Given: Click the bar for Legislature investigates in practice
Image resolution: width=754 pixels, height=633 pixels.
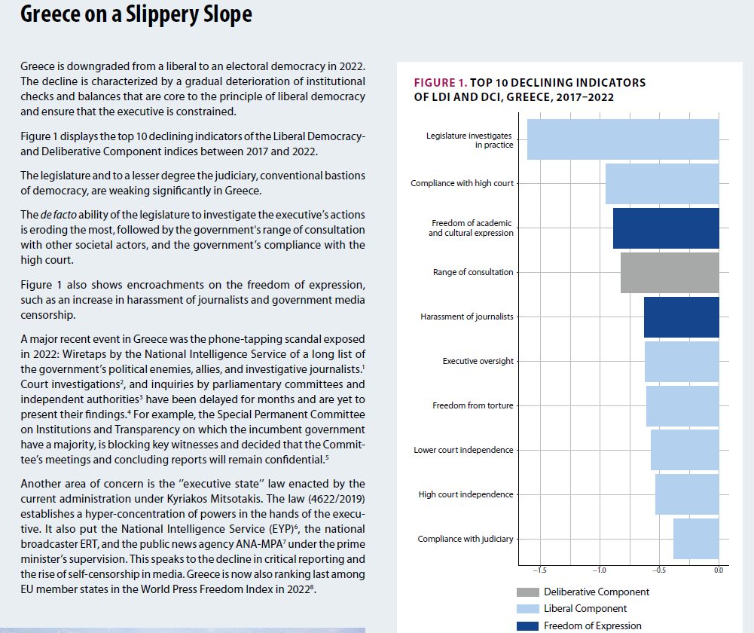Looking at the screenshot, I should click(x=623, y=139).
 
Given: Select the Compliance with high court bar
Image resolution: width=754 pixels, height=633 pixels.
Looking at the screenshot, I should click(x=662, y=184).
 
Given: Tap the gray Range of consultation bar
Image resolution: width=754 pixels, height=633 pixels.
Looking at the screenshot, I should click(x=670, y=273).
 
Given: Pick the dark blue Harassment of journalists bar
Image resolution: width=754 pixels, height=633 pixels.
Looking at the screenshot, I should click(x=681, y=316).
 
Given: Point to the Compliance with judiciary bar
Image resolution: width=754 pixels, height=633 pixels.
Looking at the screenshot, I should click(x=696, y=539).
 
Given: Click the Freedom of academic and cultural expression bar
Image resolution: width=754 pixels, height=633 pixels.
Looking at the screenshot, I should click(x=666, y=228).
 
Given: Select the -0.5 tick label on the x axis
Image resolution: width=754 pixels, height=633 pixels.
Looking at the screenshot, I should click(x=658, y=570).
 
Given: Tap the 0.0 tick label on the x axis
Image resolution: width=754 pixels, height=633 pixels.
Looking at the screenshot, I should click(x=717, y=570).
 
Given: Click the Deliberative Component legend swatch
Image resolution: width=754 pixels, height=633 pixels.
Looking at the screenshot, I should click(x=527, y=592).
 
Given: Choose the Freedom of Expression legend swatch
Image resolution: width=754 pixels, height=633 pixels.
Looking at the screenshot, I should click(x=527, y=625).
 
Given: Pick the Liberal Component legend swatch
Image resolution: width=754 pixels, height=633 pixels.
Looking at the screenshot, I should click(x=527, y=609).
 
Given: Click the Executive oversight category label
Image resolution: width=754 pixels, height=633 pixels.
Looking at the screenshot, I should click(x=478, y=361).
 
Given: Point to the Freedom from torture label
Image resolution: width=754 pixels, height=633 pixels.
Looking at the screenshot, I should click(x=472, y=405).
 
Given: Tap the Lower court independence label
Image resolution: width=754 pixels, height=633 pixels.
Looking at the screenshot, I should click(x=463, y=450).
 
